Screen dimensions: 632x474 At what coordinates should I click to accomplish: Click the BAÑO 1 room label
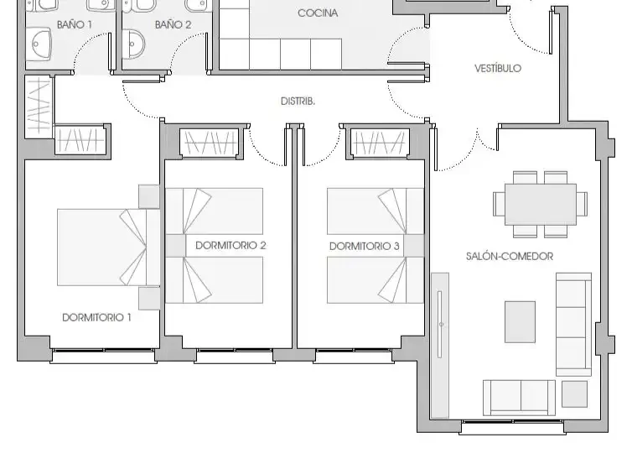[x=74, y=24]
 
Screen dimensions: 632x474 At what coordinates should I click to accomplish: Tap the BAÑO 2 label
[x=173, y=24]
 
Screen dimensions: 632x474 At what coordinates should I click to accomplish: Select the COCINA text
[x=318, y=13]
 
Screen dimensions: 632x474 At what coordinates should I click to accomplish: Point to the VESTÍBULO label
[x=498, y=68]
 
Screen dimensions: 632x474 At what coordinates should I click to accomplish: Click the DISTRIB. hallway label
[x=298, y=101]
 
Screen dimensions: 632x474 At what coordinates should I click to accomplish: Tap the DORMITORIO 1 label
[x=96, y=317]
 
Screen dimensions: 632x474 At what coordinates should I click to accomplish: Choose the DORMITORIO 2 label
[x=231, y=245]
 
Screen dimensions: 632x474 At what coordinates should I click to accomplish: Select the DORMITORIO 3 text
[x=365, y=246]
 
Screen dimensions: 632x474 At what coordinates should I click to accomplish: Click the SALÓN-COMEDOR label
[x=510, y=256]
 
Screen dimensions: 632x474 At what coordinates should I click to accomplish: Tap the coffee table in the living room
[x=520, y=321]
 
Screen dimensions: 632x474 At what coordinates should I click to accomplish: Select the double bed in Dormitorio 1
[x=108, y=247]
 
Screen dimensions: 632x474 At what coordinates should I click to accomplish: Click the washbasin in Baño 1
[x=42, y=44]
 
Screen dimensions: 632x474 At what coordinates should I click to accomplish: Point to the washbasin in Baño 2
[x=136, y=44]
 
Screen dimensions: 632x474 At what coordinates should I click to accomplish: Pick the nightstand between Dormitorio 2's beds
[x=175, y=246]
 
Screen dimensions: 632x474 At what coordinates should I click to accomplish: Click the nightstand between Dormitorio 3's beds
[x=414, y=246]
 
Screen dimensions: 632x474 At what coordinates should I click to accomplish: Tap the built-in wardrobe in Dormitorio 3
[x=380, y=143]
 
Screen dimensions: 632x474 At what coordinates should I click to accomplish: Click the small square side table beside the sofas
[x=574, y=393]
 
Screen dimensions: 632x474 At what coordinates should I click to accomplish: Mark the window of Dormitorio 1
[x=104, y=356]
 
